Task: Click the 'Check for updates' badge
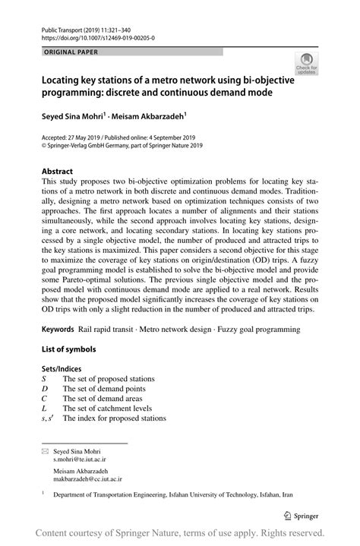click(307, 64)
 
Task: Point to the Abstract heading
click(58, 172)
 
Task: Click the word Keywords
click(58, 330)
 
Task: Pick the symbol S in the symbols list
click(44, 378)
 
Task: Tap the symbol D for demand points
click(45, 388)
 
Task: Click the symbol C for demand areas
click(45, 398)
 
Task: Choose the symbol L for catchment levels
click(44, 408)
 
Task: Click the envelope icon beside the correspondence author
click(43, 451)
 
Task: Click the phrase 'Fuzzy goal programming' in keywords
click(258, 330)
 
